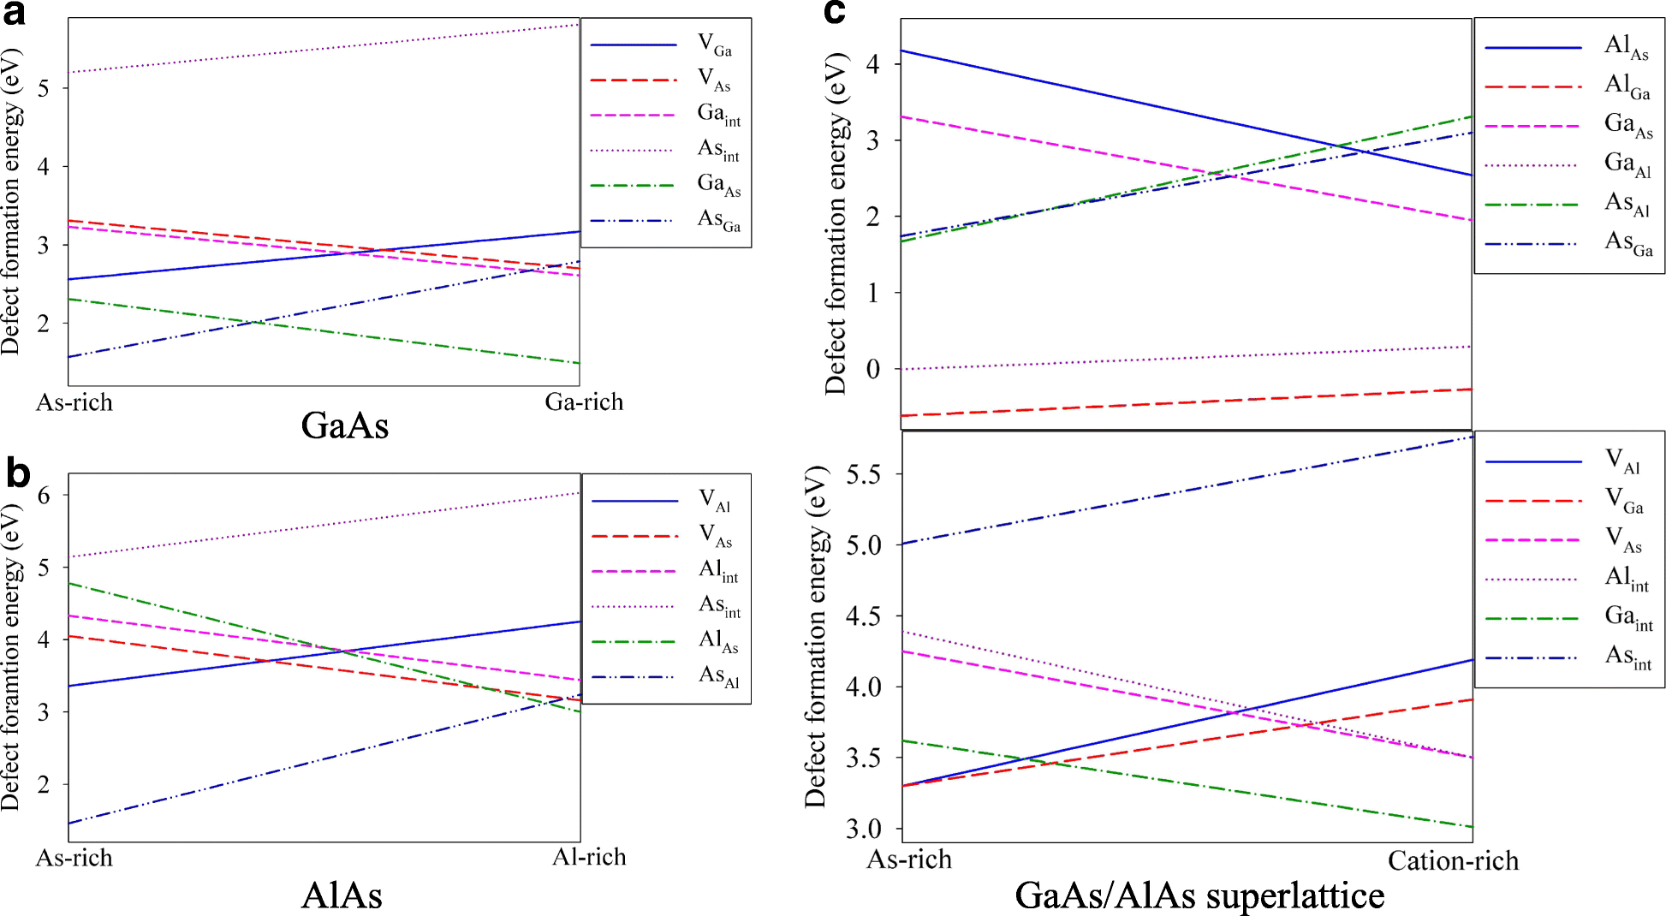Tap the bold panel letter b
[17, 473]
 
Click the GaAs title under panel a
[344, 425]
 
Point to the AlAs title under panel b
[342, 895]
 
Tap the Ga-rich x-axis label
[584, 402]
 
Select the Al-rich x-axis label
[589, 857]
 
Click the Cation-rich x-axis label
[1453, 860]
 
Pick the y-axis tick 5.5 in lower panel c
[863, 474]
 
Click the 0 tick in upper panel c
[872, 370]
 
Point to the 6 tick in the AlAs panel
[44, 495]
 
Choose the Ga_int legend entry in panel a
[718, 114]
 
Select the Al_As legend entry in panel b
[718, 640]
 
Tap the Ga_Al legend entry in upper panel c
[1627, 164]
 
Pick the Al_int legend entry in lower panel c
[1626, 579]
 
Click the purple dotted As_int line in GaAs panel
[325, 49]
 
